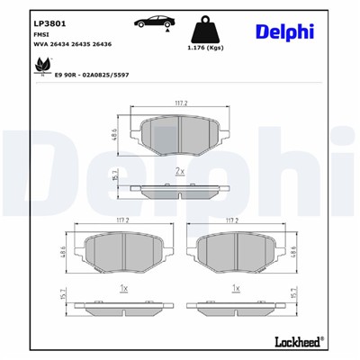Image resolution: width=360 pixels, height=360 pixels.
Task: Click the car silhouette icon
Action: tap(154, 22)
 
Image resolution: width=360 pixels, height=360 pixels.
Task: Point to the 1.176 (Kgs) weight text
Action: tap(204, 49)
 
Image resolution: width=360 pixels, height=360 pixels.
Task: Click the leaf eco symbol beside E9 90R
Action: tap(41, 67)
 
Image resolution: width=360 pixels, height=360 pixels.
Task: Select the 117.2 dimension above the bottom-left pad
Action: tap(123, 220)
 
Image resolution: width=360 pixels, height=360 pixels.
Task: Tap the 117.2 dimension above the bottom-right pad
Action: tap(235, 220)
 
